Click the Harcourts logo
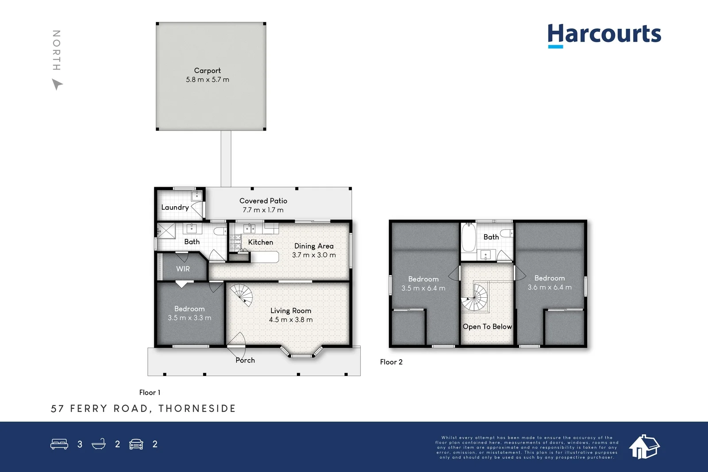click(604, 35)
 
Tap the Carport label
click(207, 70)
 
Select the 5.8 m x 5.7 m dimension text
click(207, 80)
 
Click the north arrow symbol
click(57, 84)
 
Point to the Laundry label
click(175, 207)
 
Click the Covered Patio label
click(263, 201)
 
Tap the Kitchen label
click(260, 242)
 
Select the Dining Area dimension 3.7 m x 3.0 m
click(314, 255)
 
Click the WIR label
click(183, 269)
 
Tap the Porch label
click(245, 360)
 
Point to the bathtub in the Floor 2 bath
click(469, 238)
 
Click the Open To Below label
click(487, 326)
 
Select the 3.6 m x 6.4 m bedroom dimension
click(549, 287)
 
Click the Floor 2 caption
click(391, 362)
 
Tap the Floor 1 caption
click(150, 392)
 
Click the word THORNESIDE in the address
click(197, 408)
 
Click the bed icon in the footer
click(59, 444)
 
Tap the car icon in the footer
click(136, 444)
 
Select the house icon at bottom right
click(644, 446)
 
